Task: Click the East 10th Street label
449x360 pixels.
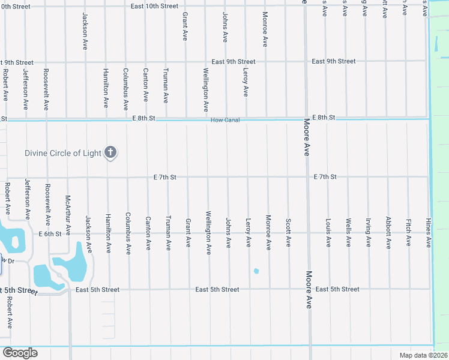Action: [155, 5]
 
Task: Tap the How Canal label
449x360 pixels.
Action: [225, 120]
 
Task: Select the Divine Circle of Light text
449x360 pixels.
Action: [63, 153]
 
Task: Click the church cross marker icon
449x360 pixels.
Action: [110, 152]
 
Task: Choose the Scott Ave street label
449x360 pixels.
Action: [288, 233]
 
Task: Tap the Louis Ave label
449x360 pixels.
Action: [328, 233]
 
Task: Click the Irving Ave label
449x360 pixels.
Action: [368, 233]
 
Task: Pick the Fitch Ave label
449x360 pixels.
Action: [408, 233]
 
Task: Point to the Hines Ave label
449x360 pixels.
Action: [429, 233]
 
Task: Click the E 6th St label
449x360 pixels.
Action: [50, 234]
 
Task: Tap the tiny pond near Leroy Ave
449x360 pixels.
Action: [256, 271]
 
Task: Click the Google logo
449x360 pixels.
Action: [19, 353]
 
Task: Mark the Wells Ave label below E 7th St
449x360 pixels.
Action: [348, 233]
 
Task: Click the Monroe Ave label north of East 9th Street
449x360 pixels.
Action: [265, 30]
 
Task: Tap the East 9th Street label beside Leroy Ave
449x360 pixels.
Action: [234, 62]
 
